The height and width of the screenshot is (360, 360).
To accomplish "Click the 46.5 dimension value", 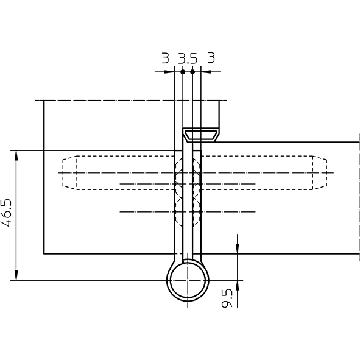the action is pyautogui.click(x=6, y=213).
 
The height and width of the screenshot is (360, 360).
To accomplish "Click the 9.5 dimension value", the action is pyautogui.click(x=227, y=298).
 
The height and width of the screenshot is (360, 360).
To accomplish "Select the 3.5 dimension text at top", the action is pyautogui.click(x=188, y=58).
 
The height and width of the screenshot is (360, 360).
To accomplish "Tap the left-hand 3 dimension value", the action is pyautogui.click(x=165, y=58).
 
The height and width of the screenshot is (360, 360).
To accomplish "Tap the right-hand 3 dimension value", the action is pyautogui.click(x=211, y=57).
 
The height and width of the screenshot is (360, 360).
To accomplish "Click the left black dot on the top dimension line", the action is pyautogui.click(x=183, y=72).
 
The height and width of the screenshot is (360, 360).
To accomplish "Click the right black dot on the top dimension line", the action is pyautogui.click(x=192, y=72).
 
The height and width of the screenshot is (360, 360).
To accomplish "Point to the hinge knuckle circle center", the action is pyautogui.click(x=188, y=280).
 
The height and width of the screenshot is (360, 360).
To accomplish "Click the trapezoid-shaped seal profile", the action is pyautogui.click(x=201, y=135).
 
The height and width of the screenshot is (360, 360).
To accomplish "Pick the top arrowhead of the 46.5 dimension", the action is pyautogui.click(x=16, y=155).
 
